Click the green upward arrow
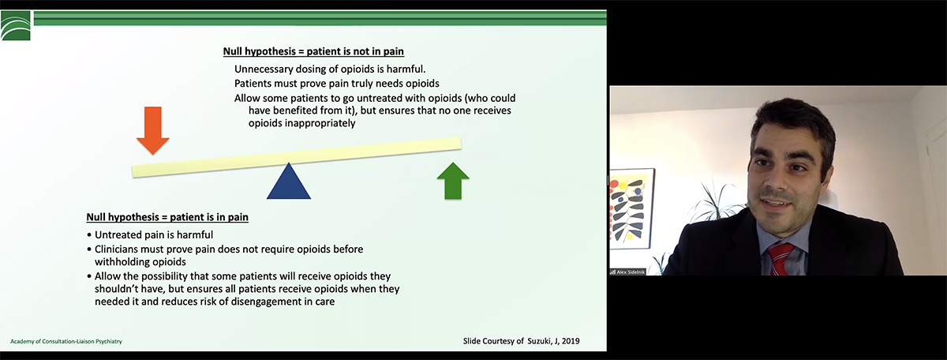tap(453, 181)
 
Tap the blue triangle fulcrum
tap(289, 181)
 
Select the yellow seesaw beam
tap(297, 157)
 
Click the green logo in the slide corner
tap(16, 26)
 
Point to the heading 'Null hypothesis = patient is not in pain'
tap(313, 51)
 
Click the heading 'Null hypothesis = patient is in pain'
tap(167, 217)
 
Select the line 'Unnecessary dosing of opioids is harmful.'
tap(330, 69)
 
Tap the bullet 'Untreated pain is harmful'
tap(154, 234)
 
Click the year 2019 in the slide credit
tap(570, 341)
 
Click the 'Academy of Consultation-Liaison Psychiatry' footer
tap(66, 341)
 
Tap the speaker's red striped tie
tap(780, 259)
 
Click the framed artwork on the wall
tap(631, 208)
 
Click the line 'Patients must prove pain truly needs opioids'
tap(337, 84)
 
